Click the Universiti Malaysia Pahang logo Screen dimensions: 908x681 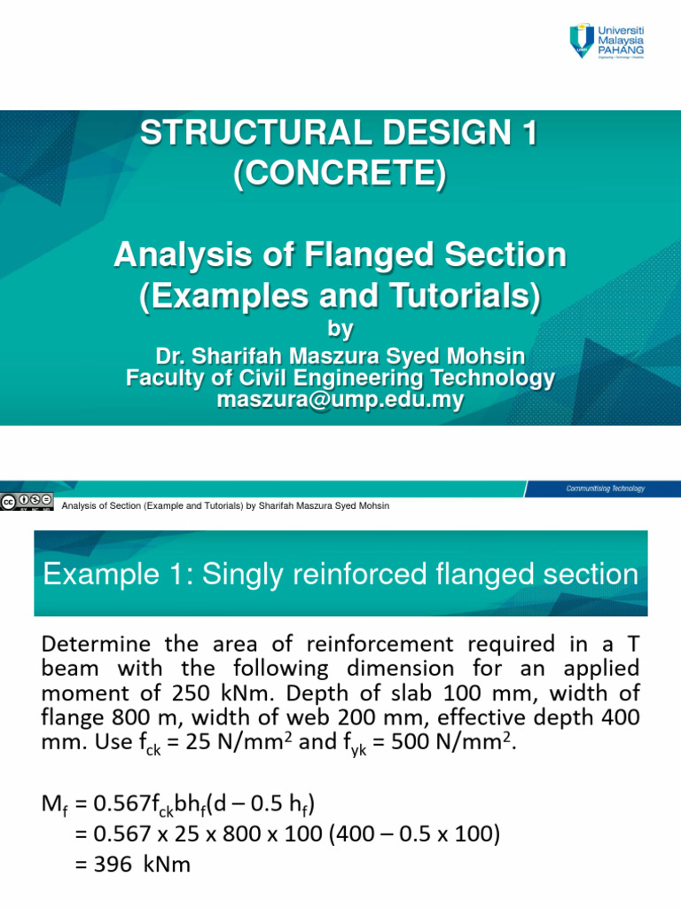pyautogui.click(x=607, y=42)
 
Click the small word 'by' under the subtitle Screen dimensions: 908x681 pyautogui.click(x=340, y=329)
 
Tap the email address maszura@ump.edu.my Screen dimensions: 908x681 pyautogui.click(x=340, y=400)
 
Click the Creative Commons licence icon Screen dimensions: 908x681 pyautogui.click(x=27, y=500)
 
